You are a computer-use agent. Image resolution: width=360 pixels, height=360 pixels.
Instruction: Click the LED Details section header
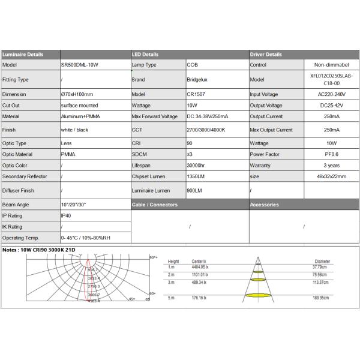145,54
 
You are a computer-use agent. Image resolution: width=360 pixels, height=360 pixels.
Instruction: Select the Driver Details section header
266,54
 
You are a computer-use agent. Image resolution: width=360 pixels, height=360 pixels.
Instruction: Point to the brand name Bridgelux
197,79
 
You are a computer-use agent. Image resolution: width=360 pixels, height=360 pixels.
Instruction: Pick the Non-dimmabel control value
331,65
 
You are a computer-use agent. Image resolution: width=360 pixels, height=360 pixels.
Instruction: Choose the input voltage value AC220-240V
331,94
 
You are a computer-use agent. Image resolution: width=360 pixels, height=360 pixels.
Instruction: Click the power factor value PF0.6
331,154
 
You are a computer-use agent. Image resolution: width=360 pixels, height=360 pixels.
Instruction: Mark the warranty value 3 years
331,165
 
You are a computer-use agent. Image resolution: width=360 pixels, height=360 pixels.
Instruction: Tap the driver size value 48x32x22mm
331,176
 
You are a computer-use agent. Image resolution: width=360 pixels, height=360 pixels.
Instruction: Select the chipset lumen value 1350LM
195,176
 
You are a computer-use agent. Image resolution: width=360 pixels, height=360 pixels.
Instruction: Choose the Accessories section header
265,205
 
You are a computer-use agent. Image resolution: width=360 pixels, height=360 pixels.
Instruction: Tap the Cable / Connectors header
155,205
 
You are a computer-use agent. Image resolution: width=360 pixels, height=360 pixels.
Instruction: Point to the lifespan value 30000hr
196,165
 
